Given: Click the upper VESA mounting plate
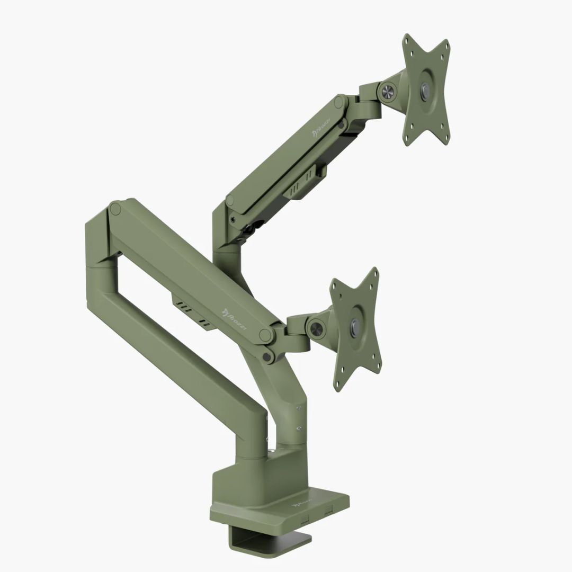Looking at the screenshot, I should pos(426,90).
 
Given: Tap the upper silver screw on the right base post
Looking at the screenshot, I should pos(300,408).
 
